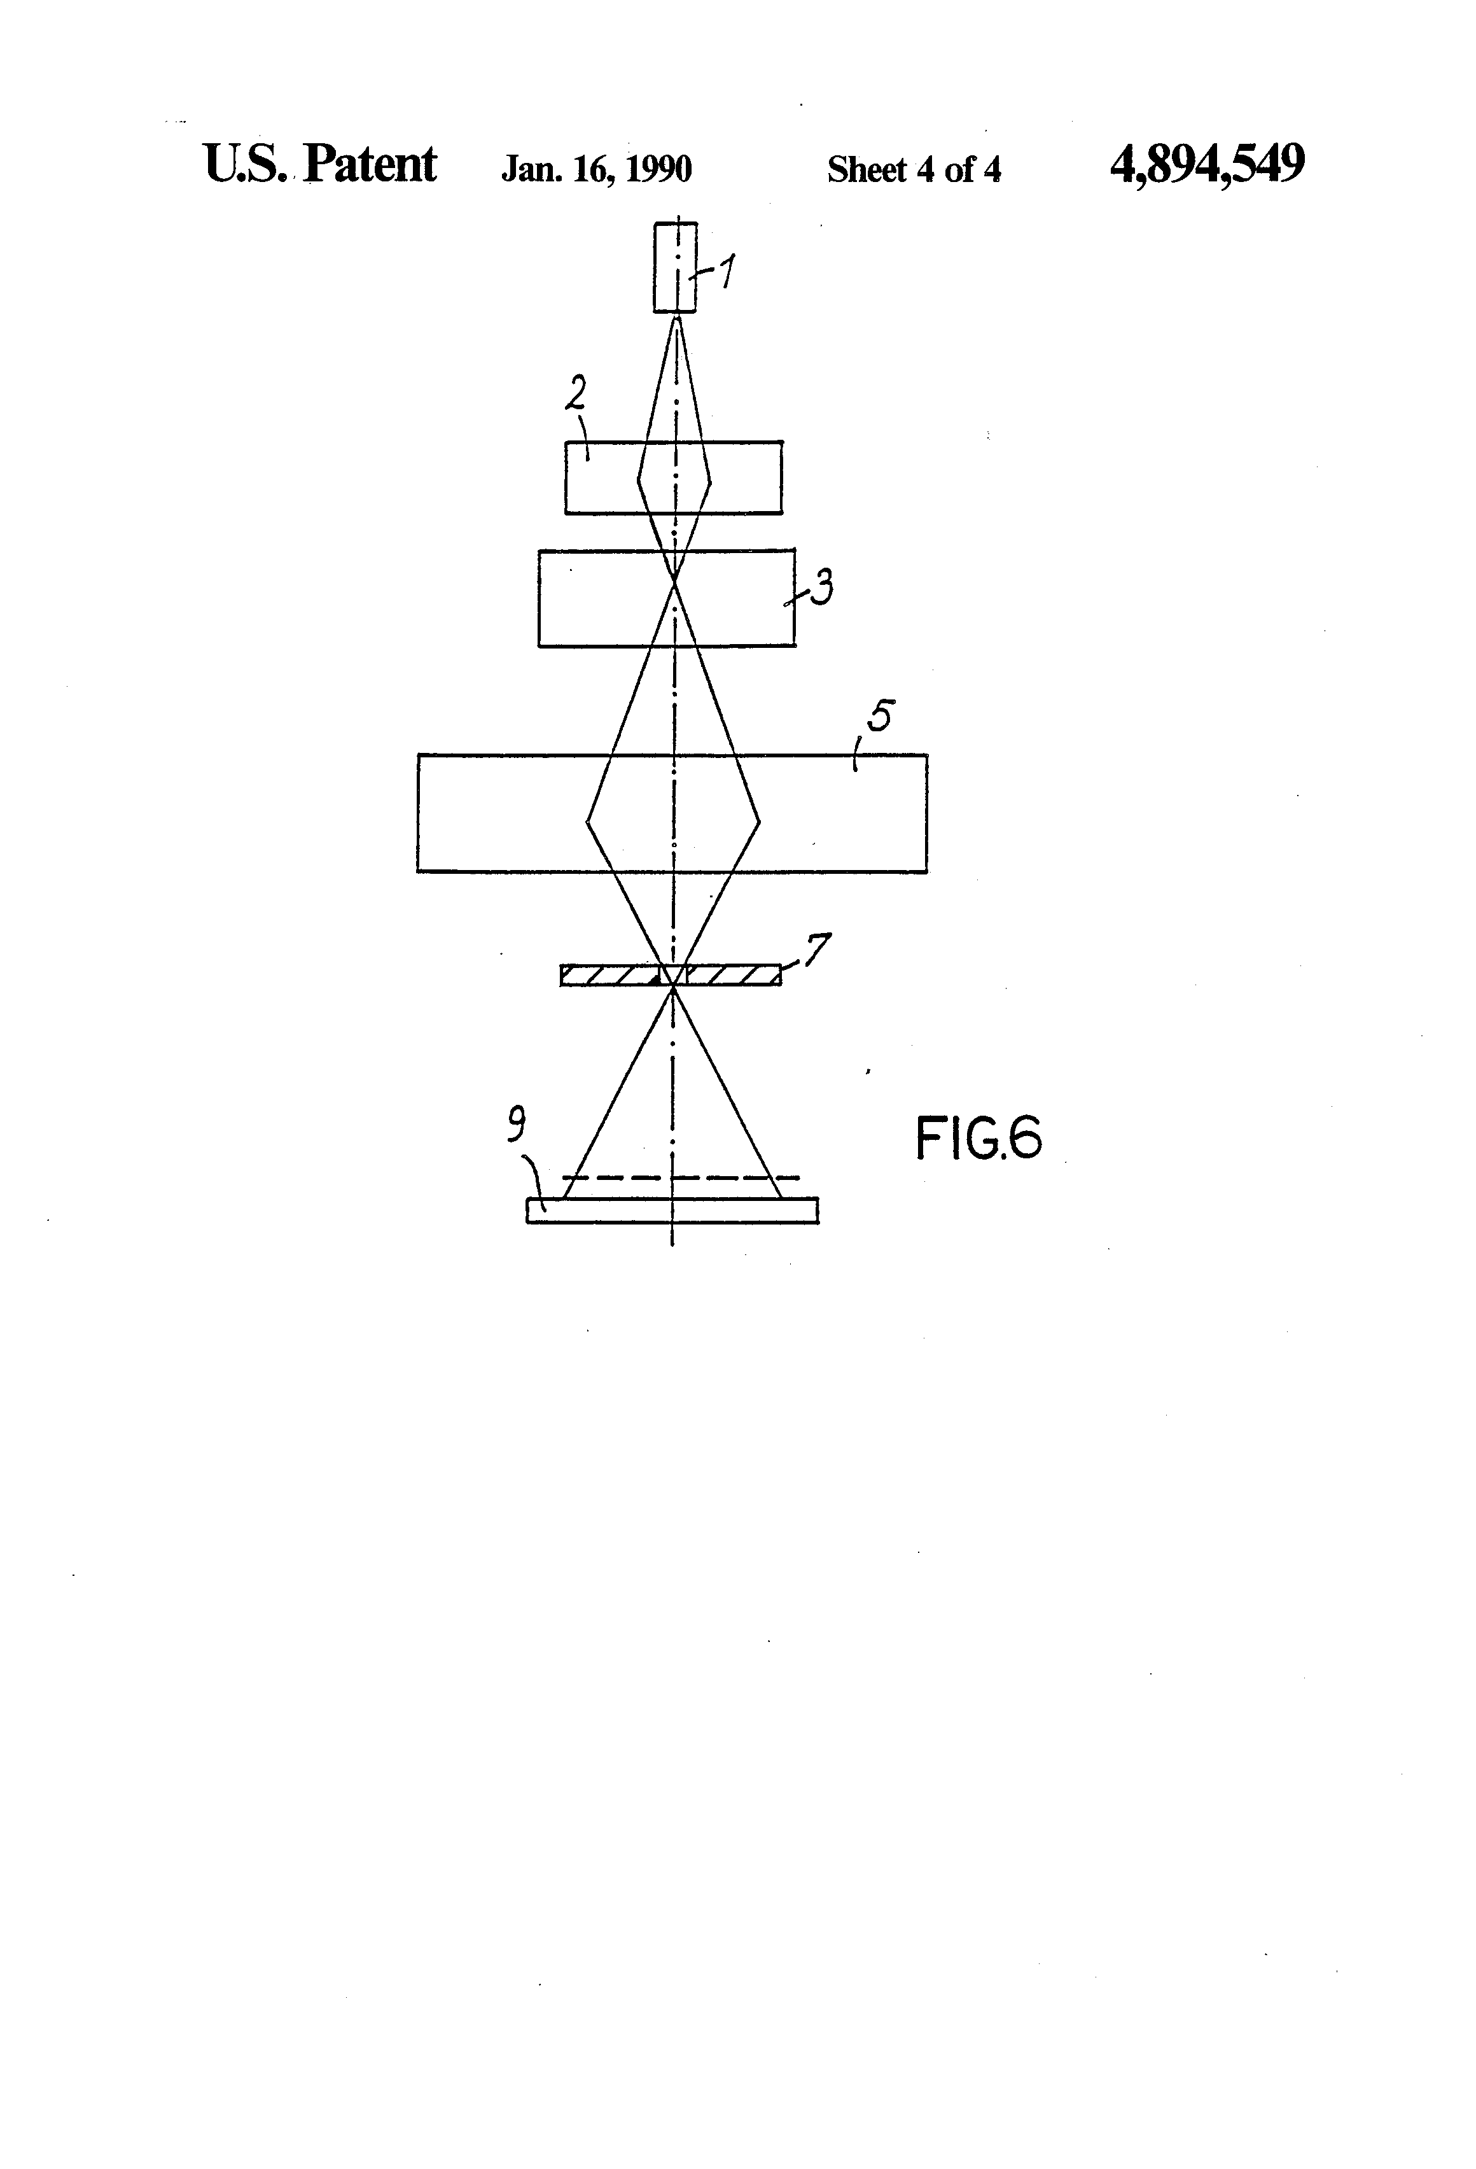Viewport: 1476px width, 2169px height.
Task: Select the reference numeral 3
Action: click(x=821, y=588)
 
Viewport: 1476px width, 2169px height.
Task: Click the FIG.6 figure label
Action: click(x=978, y=1139)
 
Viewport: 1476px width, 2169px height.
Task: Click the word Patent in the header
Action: click(x=370, y=165)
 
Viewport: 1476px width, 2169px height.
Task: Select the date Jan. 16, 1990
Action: click(x=596, y=169)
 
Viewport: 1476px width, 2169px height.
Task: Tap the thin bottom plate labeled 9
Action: click(x=672, y=1210)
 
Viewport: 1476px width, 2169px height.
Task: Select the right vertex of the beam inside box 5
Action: click(x=760, y=821)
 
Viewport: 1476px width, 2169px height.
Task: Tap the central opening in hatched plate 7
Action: click(x=672, y=975)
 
